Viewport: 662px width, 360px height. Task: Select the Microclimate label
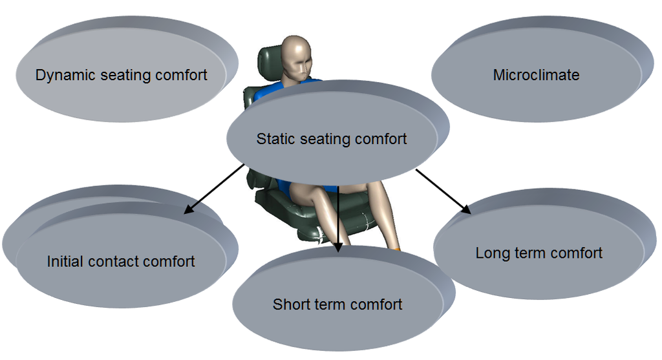pyautogui.click(x=536, y=75)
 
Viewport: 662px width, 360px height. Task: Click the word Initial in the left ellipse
pyautogui.click(x=66, y=262)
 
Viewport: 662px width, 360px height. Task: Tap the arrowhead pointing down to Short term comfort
pyautogui.click(x=337, y=244)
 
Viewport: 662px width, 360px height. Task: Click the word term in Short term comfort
pyautogui.click(x=334, y=304)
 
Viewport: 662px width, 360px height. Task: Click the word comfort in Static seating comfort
pyautogui.click(x=381, y=139)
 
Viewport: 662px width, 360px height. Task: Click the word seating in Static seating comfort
pyautogui.click(x=328, y=139)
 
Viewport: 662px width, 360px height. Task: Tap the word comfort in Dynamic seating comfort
pyautogui.click(x=182, y=75)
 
